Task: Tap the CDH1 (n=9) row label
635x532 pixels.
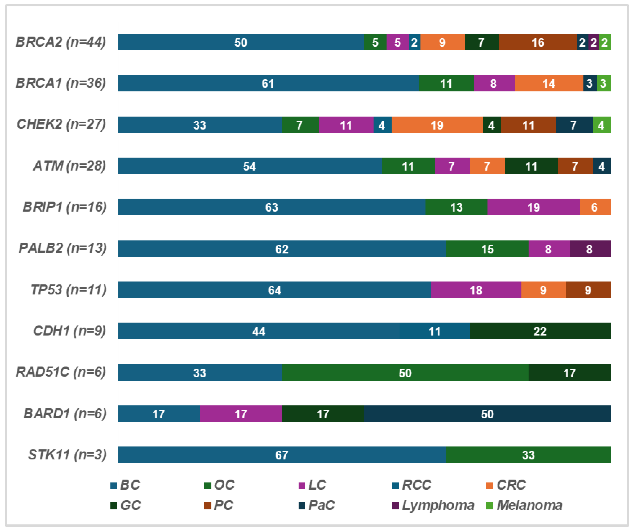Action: (70, 331)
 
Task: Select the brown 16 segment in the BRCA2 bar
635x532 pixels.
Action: (538, 42)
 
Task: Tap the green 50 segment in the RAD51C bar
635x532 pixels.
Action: (405, 373)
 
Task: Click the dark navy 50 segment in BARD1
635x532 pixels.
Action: (487, 414)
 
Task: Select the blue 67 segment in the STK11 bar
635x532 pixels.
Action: (282, 455)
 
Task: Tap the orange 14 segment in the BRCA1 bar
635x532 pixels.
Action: (549, 83)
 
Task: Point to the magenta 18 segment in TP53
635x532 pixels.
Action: (476, 290)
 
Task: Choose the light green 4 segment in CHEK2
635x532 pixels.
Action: (601, 125)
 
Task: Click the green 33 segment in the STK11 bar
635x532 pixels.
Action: (528, 455)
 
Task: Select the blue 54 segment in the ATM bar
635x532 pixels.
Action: (250, 166)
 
